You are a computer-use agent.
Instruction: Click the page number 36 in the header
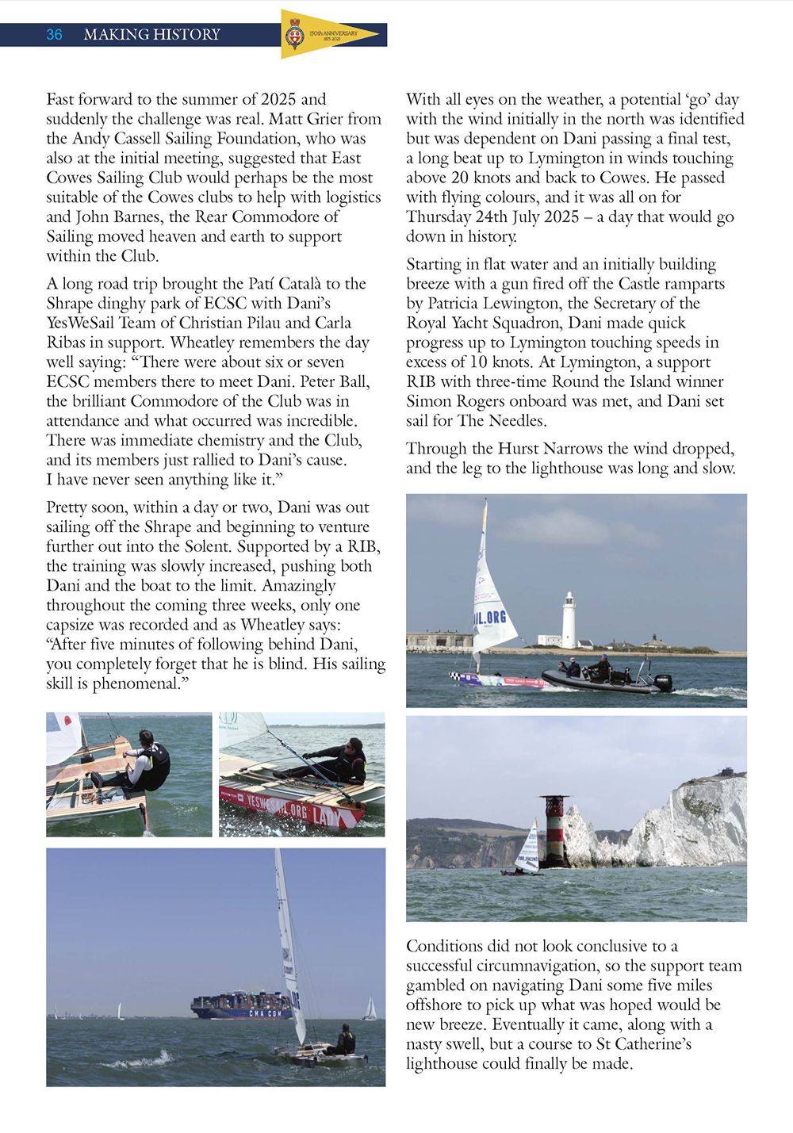pos(54,34)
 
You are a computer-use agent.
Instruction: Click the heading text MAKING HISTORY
pos(151,34)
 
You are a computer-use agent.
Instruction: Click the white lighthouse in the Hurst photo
pos(569,618)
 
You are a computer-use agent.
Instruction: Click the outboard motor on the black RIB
pos(663,681)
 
